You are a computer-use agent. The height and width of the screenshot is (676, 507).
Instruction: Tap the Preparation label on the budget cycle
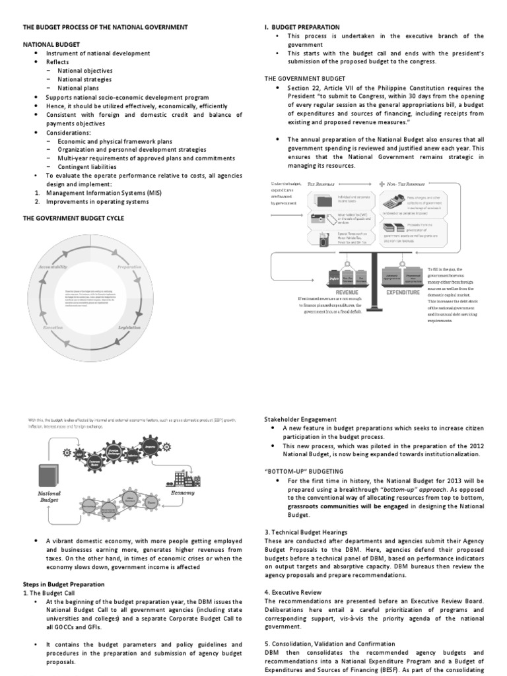pyautogui.click(x=129, y=267)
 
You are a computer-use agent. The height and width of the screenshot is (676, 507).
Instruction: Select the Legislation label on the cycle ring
pyautogui.click(x=129, y=327)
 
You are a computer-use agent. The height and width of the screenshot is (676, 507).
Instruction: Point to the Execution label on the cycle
pyautogui.click(x=53, y=327)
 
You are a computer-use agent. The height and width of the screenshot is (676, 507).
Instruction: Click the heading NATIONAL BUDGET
pyautogui.click(x=51, y=44)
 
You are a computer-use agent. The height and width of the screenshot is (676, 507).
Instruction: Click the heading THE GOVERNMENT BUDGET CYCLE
pyautogui.click(x=73, y=217)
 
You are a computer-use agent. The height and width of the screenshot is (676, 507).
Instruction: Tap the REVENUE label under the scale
pyautogui.click(x=348, y=290)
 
